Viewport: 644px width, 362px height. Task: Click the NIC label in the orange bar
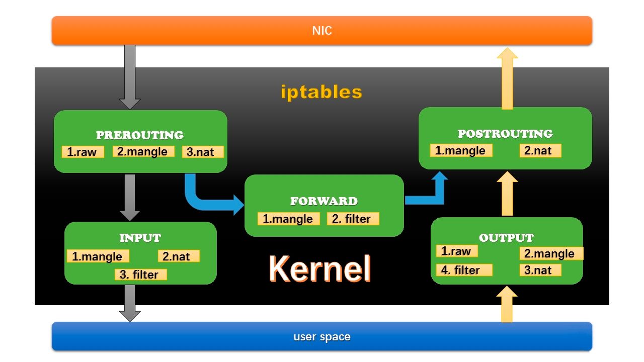click(322, 31)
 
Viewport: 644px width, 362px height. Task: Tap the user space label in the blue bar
click(322, 336)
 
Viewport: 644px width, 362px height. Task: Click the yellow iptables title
click(321, 92)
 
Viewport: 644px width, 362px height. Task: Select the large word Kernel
click(320, 269)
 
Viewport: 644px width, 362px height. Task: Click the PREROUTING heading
click(140, 135)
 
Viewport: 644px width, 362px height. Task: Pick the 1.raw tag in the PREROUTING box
click(83, 152)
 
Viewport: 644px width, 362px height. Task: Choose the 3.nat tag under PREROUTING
click(202, 152)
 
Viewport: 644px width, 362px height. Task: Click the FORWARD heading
click(324, 201)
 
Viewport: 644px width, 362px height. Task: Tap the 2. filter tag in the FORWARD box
click(353, 219)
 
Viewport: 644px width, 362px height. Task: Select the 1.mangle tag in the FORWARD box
click(288, 219)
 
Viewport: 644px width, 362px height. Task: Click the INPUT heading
click(140, 238)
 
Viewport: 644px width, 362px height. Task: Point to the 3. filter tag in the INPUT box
click(140, 275)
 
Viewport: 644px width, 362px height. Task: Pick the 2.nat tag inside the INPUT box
click(179, 256)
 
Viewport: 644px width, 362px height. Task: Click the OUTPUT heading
click(506, 238)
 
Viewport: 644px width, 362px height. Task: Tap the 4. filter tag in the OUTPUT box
click(464, 270)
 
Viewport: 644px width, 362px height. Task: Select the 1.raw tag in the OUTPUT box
click(457, 251)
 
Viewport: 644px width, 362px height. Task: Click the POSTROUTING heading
click(505, 134)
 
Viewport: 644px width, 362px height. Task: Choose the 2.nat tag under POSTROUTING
click(540, 150)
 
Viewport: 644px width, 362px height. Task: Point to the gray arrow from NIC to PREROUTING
click(130, 75)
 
